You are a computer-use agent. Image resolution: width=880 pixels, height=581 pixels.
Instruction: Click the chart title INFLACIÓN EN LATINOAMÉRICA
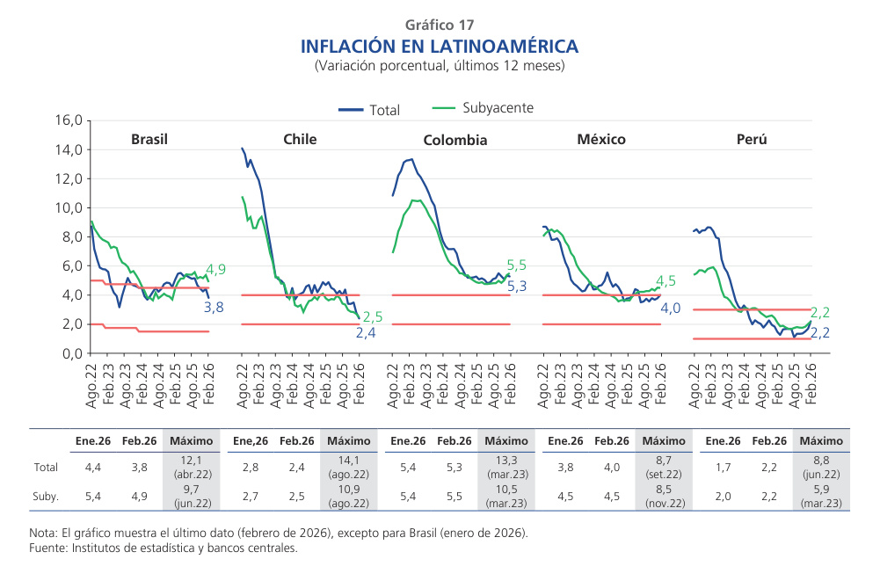440,46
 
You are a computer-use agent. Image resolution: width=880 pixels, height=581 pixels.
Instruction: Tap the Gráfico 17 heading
440,25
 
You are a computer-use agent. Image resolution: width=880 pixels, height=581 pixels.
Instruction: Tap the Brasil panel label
149,139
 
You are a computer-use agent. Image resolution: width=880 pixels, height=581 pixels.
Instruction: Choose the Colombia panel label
455,140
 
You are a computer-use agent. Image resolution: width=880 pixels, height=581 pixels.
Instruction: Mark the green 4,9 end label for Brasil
216,270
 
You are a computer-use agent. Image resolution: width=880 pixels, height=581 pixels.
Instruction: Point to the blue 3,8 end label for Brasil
214,308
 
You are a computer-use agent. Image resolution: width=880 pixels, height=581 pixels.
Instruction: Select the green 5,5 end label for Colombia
516,265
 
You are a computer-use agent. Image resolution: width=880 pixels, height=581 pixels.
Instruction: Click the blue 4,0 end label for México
671,309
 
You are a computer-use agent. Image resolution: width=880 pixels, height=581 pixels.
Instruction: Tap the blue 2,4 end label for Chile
366,333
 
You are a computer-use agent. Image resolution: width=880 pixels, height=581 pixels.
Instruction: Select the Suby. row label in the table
46,497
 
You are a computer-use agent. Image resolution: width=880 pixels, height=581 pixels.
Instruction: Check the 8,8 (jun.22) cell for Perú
821,468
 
